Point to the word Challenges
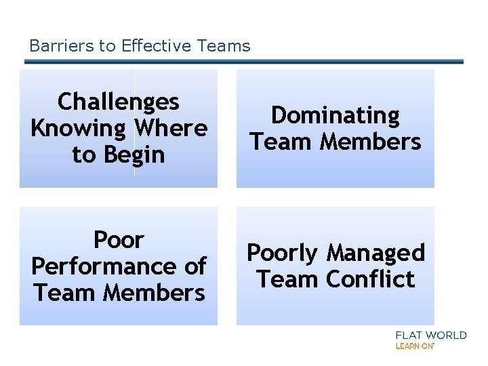pyautogui.click(x=119, y=102)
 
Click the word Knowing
pyautogui.click(x=79, y=128)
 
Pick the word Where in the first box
pyautogui.click(x=171, y=128)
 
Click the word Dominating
pyautogui.click(x=335, y=115)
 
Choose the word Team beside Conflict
pyautogui.click(x=288, y=279)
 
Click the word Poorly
pyautogui.click(x=283, y=253)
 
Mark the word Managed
pyautogui.click(x=375, y=253)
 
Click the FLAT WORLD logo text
pyautogui.click(x=430, y=335)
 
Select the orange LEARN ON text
pyautogui.click(x=414, y=346)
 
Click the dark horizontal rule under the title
pyautogui.click(x=244, y=62)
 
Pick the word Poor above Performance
pyautogui.click(x=119, y=240)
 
